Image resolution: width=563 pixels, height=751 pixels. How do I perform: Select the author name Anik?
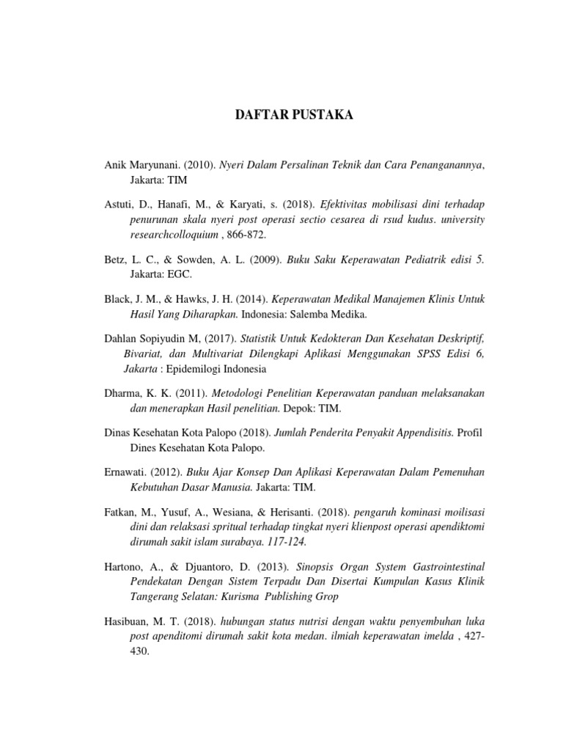coord(116,166)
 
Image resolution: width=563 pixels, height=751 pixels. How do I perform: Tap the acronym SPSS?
coord(426,353)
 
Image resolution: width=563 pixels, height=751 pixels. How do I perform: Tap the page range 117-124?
coord(284,542)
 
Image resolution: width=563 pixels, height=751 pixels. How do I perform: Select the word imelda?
coord(433,636)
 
